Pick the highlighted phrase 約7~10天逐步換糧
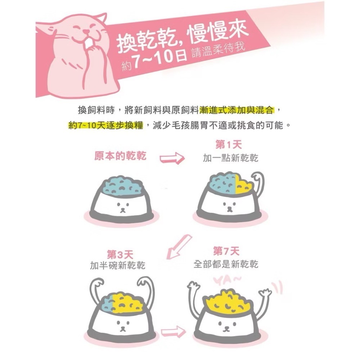coord(106,126)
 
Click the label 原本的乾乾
coord(120,156)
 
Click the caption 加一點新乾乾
coord(230,158)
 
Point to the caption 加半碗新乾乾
coord(118,266)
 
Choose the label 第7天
coord(226,251)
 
